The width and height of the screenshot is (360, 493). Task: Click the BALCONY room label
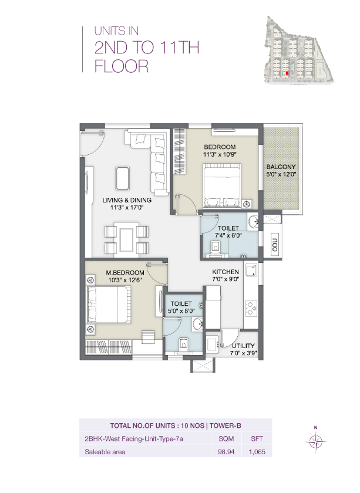pyautogui.click(x=280, y=166)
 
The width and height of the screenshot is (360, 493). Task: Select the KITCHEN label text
pyautogui.click(x=226, y=272)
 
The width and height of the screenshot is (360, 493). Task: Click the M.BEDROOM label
pyautogui.click(x=125, y=273)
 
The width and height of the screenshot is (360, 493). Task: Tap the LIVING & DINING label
pyautogui.click(x=127, y=200)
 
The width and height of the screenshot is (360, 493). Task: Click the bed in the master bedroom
pyautogui.click(x=107, y=305)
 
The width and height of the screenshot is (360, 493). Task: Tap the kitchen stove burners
pyautogui.click(x=251, y=308)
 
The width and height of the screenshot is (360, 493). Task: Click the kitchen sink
pyautogui.click(x=251, y=271)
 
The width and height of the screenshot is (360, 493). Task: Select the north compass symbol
pyautogui.click(x=316, y=441)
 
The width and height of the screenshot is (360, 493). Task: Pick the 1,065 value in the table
pyautogui.click(x=257, y=452)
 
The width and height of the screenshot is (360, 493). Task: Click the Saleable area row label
pyautogui.click(x=105, y=452)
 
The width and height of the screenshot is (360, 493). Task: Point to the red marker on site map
pyautogui.click(x=287, y=73)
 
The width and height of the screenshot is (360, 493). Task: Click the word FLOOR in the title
pyautogui.click(x=122, y=66)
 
